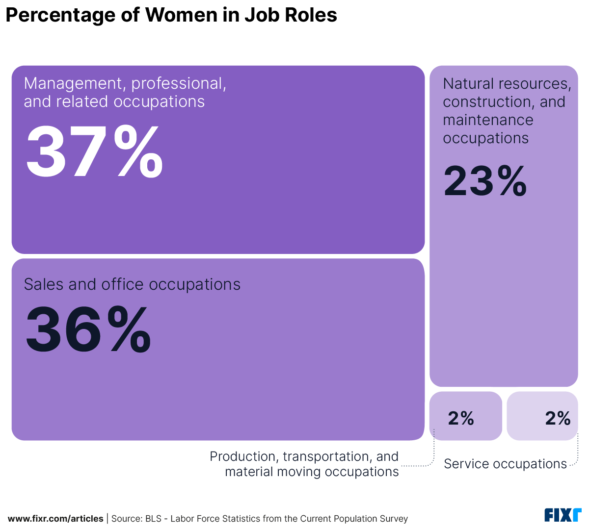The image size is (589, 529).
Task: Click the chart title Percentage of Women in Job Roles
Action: pos(171,15)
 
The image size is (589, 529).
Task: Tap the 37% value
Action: pos(94,152)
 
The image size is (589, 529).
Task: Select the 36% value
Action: pos(88,329)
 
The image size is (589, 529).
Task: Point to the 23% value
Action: pos(485,181)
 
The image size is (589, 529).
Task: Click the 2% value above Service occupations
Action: pos(558,418)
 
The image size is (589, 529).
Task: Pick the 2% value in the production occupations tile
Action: pos(461,418)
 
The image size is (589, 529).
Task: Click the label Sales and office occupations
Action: pos(132,284)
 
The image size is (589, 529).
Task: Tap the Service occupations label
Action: pos(505,464)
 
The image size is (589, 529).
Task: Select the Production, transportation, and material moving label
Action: pos(304,464)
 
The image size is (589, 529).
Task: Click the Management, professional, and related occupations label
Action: pos(125,92)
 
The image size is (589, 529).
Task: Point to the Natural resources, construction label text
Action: pos(507,93)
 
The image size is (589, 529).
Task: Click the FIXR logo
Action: pos(562,515)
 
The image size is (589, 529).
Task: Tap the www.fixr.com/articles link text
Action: pos(55,519)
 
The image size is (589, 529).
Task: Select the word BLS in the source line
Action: pos(153,519)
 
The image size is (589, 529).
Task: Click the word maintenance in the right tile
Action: pos(488,120)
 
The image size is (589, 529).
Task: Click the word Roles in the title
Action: pos(315,15)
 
